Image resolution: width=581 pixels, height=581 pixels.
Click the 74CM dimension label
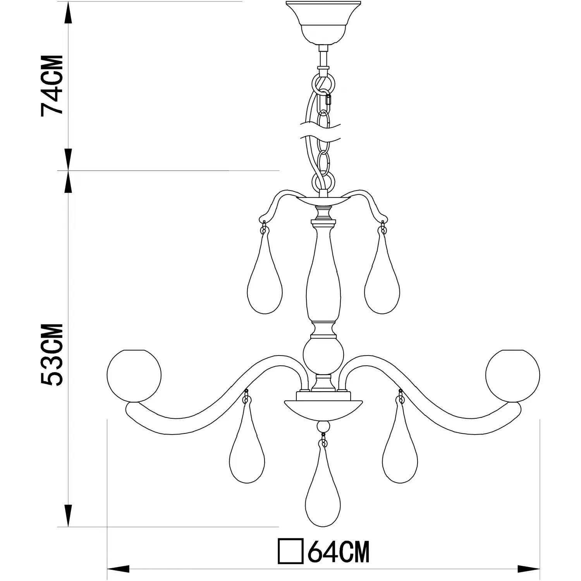tap(52, 86)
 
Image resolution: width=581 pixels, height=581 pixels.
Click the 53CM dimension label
tap(52, 354)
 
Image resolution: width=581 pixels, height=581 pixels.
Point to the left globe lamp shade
tap(134, 376)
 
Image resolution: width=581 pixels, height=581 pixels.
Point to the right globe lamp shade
tap(512, 376)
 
